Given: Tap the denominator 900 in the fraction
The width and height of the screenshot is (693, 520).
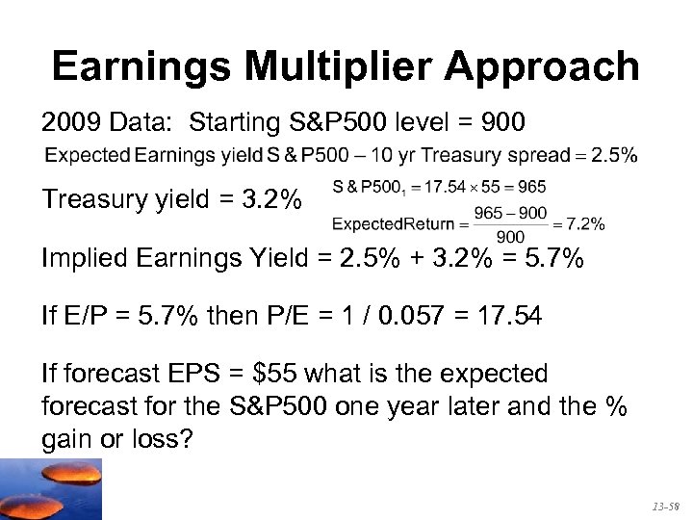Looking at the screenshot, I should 509,237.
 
